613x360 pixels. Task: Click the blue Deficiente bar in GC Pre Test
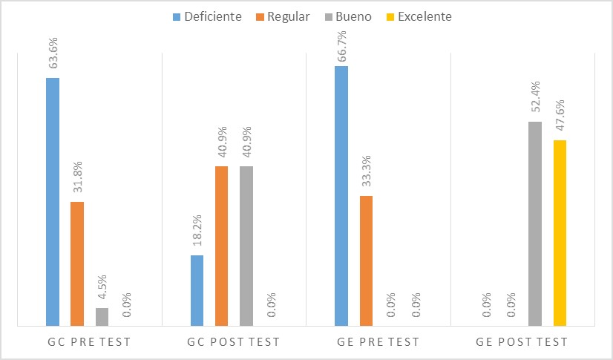53,201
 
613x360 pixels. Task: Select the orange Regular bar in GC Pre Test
77,264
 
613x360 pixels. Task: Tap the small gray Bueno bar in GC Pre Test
102,317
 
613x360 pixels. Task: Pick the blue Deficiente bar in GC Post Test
197,290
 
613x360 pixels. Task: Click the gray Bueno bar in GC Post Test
246,246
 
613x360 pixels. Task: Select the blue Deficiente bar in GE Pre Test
341,195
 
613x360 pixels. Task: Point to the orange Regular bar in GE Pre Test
366,261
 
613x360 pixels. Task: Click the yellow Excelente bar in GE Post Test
560,232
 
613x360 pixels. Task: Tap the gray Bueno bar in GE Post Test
535,223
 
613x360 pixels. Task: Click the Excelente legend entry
418,16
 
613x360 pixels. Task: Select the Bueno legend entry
348,16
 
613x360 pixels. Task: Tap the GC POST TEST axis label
233,342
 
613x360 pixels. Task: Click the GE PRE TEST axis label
378,342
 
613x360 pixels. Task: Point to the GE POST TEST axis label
522,342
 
